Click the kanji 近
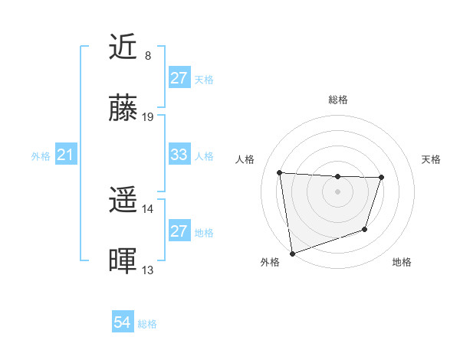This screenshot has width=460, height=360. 123,47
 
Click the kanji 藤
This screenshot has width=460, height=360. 123,109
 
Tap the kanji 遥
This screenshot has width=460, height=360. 123,201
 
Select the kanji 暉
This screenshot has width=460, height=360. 123,262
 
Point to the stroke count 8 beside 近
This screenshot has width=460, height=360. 148,56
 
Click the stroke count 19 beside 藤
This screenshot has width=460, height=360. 149,117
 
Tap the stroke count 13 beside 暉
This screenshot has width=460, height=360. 148,270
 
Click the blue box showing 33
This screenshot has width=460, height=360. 179,155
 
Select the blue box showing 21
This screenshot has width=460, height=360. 65,155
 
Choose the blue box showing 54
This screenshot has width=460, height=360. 122,323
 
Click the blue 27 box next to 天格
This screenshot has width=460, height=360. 179,78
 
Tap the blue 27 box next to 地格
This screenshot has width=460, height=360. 179,231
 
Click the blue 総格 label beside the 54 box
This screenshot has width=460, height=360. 147,324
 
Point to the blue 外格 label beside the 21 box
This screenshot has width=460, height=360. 41,156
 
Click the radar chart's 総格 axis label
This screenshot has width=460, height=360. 337,100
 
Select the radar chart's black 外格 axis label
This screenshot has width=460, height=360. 270,263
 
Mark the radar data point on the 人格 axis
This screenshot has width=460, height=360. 279,172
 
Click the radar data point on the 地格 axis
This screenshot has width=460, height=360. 366,229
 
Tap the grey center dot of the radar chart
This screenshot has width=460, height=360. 337,191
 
